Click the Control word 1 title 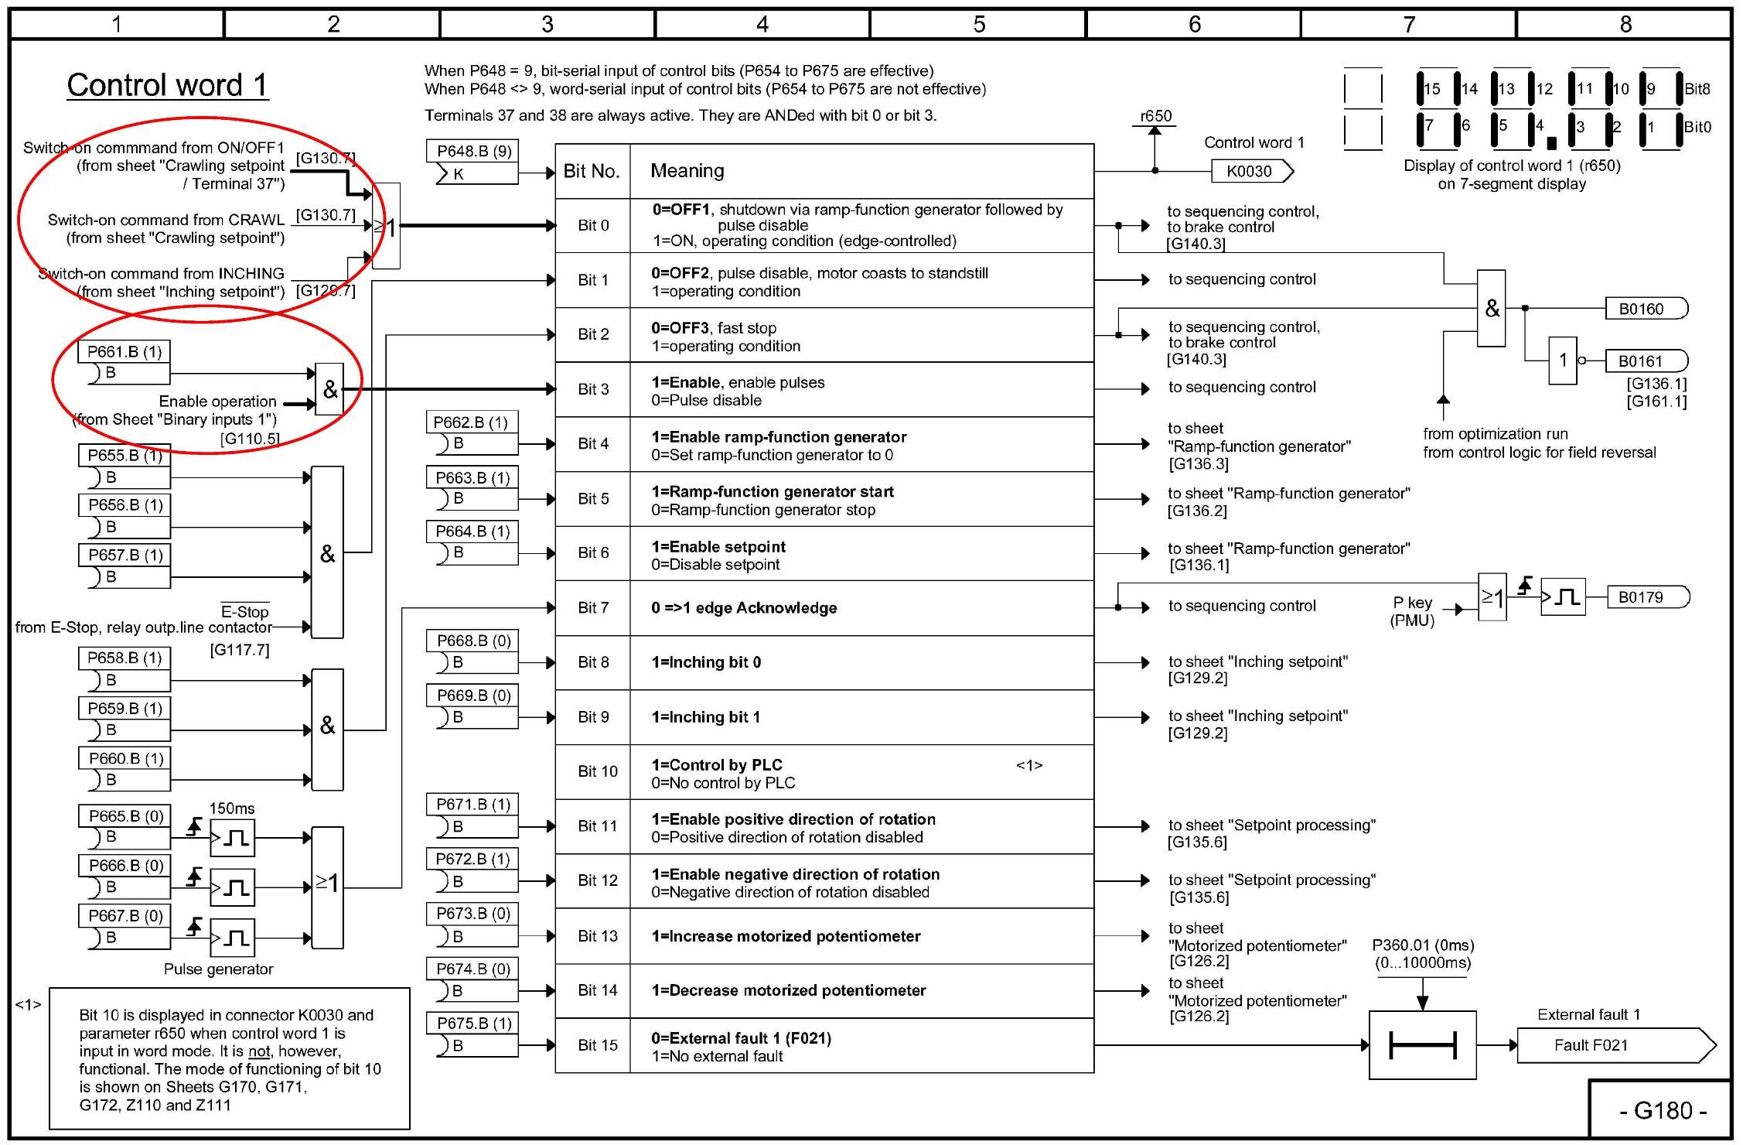(x=167, y=85)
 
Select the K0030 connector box (x=1250, y=171)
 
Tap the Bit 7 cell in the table (x=593, y=608)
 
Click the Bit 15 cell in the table (x=597, y=1045)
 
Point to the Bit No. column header (x=592, y=171)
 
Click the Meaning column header (x=687, y=171)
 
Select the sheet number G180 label (x=1662, y=1111)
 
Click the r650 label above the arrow (x=1155, y=116)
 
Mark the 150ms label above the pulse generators (x=231, y=808)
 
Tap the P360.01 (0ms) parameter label (x=1423, y=945)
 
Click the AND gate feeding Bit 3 (x=329, y=389)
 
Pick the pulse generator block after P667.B (x=232, y=938)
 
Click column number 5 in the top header (x=979, y=24)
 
